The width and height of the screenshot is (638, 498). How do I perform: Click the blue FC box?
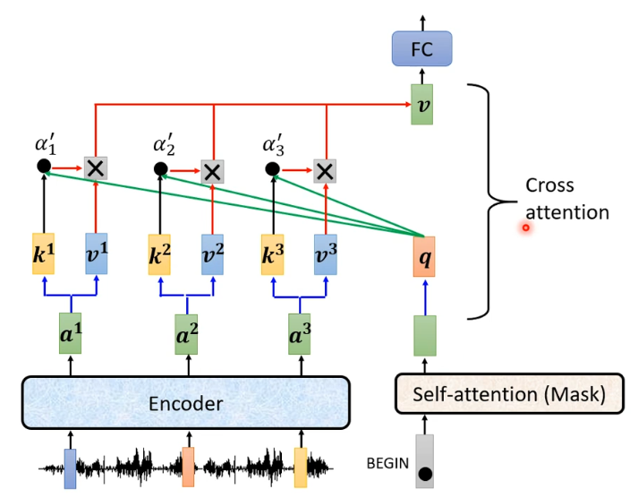click(421, 49)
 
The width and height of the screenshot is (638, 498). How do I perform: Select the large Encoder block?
click(184, 404)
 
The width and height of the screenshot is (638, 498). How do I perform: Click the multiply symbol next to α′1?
click(95, 167)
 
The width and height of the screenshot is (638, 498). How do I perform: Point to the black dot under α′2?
click(161, 168)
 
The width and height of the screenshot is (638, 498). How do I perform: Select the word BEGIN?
click(387, 464)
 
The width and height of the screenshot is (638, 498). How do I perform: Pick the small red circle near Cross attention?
click(526, 228)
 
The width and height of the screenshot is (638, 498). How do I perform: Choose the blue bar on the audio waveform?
click(70, 468)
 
